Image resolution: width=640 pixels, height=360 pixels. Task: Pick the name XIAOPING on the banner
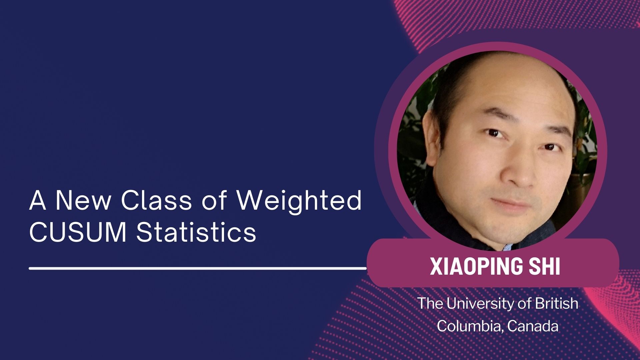[476, 266]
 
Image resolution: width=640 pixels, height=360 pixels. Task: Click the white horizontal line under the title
[198, 268]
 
